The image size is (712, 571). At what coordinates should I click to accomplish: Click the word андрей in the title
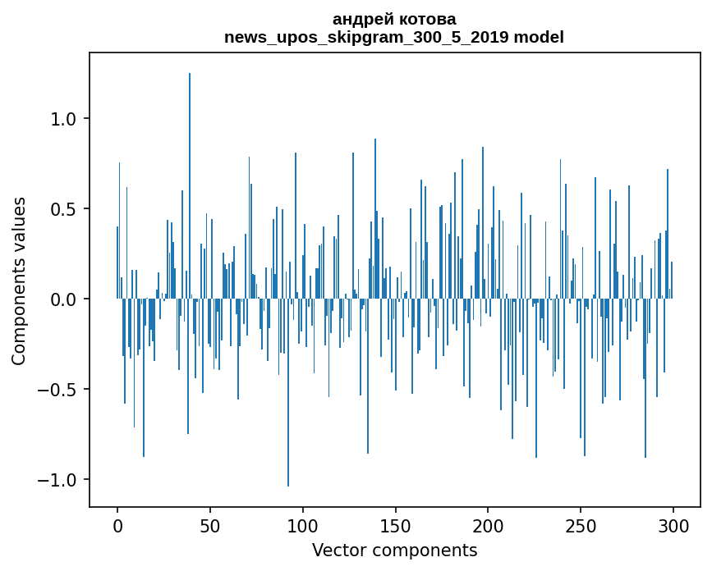tap(361, 19)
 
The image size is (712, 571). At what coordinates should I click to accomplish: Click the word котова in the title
tap(425, 19)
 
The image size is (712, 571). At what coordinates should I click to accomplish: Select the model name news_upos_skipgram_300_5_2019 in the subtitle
tap(366, 37)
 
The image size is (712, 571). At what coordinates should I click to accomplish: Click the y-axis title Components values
tap(19, 281)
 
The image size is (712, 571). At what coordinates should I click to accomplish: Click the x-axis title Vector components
tap(394, 550)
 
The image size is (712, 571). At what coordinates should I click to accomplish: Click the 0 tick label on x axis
tap(117, 525)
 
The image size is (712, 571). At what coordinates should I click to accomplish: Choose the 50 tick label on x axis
tap(210, 525)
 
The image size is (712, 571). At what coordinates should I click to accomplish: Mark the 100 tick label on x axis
tap(303, 525)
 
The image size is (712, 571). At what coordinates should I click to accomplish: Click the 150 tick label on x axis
tap(396, 525)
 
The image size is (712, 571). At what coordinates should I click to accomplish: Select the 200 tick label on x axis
tap(489, 525)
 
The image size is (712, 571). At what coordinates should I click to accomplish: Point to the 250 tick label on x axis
tap(581, 525)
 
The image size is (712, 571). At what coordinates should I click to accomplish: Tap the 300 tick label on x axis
tap(673, 525)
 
